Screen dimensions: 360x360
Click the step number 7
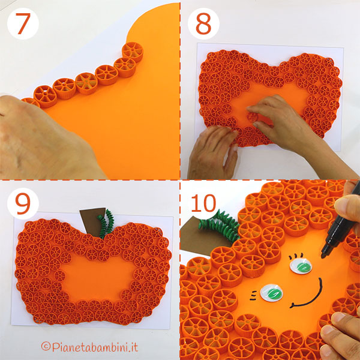tap(23, 23)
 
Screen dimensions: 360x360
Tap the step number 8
tap(203, 23)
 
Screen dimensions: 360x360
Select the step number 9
tap(23, 204)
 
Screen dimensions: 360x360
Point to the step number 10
tap(203, 203)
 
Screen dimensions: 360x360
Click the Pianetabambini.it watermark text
tap(90, 347)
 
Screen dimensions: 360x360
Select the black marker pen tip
tap(324, 254)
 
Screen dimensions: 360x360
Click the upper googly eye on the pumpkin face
tap(301, 266)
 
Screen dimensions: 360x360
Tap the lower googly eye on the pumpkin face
tap(272, 293)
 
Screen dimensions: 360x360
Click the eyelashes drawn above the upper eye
tap(295, 256)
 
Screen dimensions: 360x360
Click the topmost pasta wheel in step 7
tap(133, 52)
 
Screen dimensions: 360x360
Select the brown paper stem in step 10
tap(202, 236)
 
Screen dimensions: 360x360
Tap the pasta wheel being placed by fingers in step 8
tap(252, 117)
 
